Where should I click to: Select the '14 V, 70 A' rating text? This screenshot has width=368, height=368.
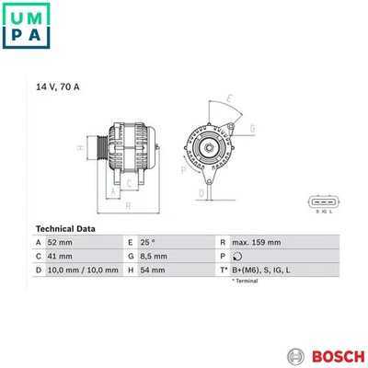pyautogui.click(x=58, y=87)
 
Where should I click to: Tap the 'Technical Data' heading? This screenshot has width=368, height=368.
pyautogui.click(x=66, y=228)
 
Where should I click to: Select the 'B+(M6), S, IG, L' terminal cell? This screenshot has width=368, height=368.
pyautogui.click(x=265, y=270)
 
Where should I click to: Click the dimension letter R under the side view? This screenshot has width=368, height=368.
pyautogui.click(x=129, y=207)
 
